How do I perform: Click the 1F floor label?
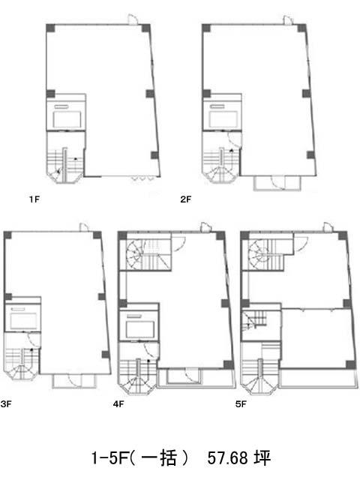point(34,199)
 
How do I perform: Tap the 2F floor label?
point(185,199)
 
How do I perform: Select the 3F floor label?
point(6,404)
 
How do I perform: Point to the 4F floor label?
point(118,404)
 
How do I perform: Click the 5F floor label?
point(241,404)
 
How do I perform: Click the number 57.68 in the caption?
point(227,458)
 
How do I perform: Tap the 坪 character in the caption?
point(262,458)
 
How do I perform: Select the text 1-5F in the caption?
point(109,458)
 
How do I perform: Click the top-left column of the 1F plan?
point(50,28)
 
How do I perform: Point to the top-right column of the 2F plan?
point(301,28)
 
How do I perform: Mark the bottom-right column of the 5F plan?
point(350,364)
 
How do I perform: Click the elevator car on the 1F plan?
point(67,119)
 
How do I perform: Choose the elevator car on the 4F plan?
point(140,329)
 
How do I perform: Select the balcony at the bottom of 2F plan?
point(277,183)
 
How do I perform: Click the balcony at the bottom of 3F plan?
point(75,381)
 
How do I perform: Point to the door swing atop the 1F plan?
point(133,19)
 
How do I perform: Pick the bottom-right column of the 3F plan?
point(106,355)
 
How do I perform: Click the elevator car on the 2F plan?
point(223,119)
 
